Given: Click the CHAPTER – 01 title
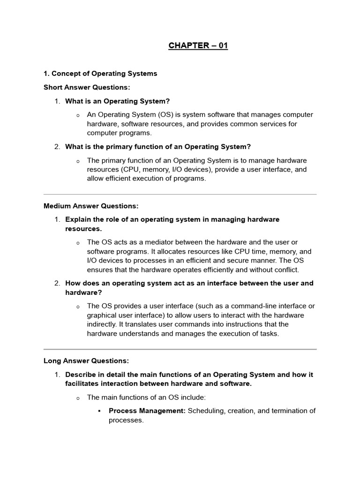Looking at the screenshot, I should pos(198,46).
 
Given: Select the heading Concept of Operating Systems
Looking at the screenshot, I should pos(100,74).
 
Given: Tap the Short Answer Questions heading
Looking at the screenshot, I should pos(87,87).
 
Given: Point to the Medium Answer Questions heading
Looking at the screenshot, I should pos(91,206).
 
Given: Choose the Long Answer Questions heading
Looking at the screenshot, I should pos(86,361).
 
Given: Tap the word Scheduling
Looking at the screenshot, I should pos(207,411).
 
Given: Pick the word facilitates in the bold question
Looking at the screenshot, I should pos(84,384).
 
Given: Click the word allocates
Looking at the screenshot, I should pos(174,251).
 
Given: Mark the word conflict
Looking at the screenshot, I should pos(284,270).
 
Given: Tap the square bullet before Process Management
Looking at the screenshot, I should pos(100,411).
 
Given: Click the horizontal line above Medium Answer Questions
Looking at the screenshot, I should pos(180,194).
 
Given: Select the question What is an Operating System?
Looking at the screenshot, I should pos(117,101).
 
